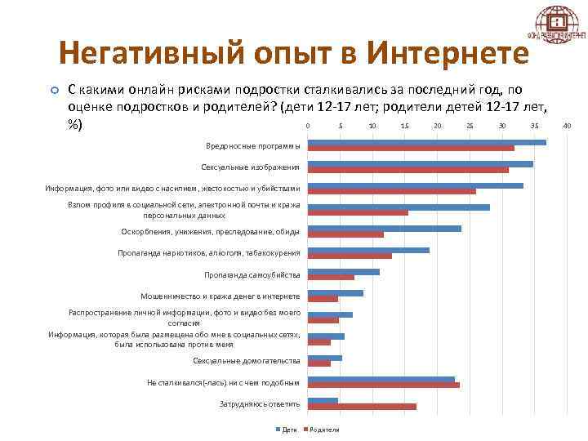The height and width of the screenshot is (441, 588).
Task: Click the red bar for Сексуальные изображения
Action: tap(408, 170)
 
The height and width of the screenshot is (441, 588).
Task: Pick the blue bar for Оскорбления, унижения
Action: tap(384, 229)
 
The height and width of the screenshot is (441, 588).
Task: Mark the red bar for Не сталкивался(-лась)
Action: tap(383, 385)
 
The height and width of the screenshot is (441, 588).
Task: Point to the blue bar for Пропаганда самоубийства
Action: tap(343, 271)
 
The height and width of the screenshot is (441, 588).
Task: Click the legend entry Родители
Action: tap(323, 430)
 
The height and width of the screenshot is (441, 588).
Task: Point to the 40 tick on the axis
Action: tap(567, 126)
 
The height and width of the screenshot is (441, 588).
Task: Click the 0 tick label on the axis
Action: tap(307, 126)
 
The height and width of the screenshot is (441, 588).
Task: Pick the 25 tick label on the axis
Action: tap(470, 126)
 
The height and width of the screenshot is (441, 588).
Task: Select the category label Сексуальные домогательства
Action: tap(246, 360)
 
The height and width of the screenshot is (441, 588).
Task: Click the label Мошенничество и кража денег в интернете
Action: tap(220, 296)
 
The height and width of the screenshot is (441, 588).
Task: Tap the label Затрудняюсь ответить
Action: tap(259, 403)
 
